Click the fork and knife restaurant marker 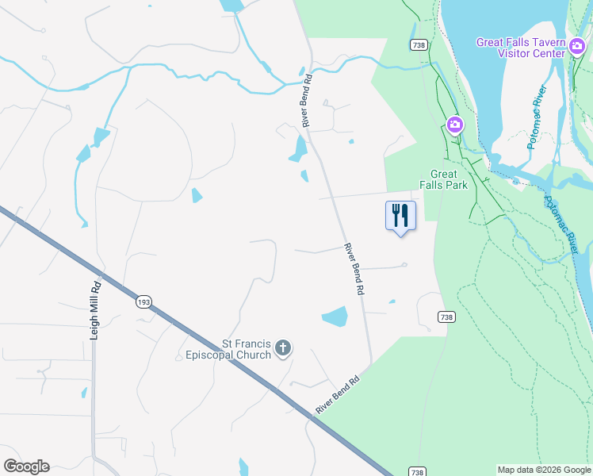click(400, 216)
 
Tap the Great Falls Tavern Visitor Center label click(521, 48)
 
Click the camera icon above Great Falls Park click(454, 124)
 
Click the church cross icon click(283, 347)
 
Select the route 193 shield click(143, 301)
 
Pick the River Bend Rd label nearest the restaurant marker click(354, 270)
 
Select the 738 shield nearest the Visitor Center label click(419, 45)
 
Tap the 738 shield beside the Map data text click(417, 470)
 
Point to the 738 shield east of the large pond click(446, 317)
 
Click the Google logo click(26, 466)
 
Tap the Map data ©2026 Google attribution click(544, 470)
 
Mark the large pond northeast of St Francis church click(335, 317)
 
